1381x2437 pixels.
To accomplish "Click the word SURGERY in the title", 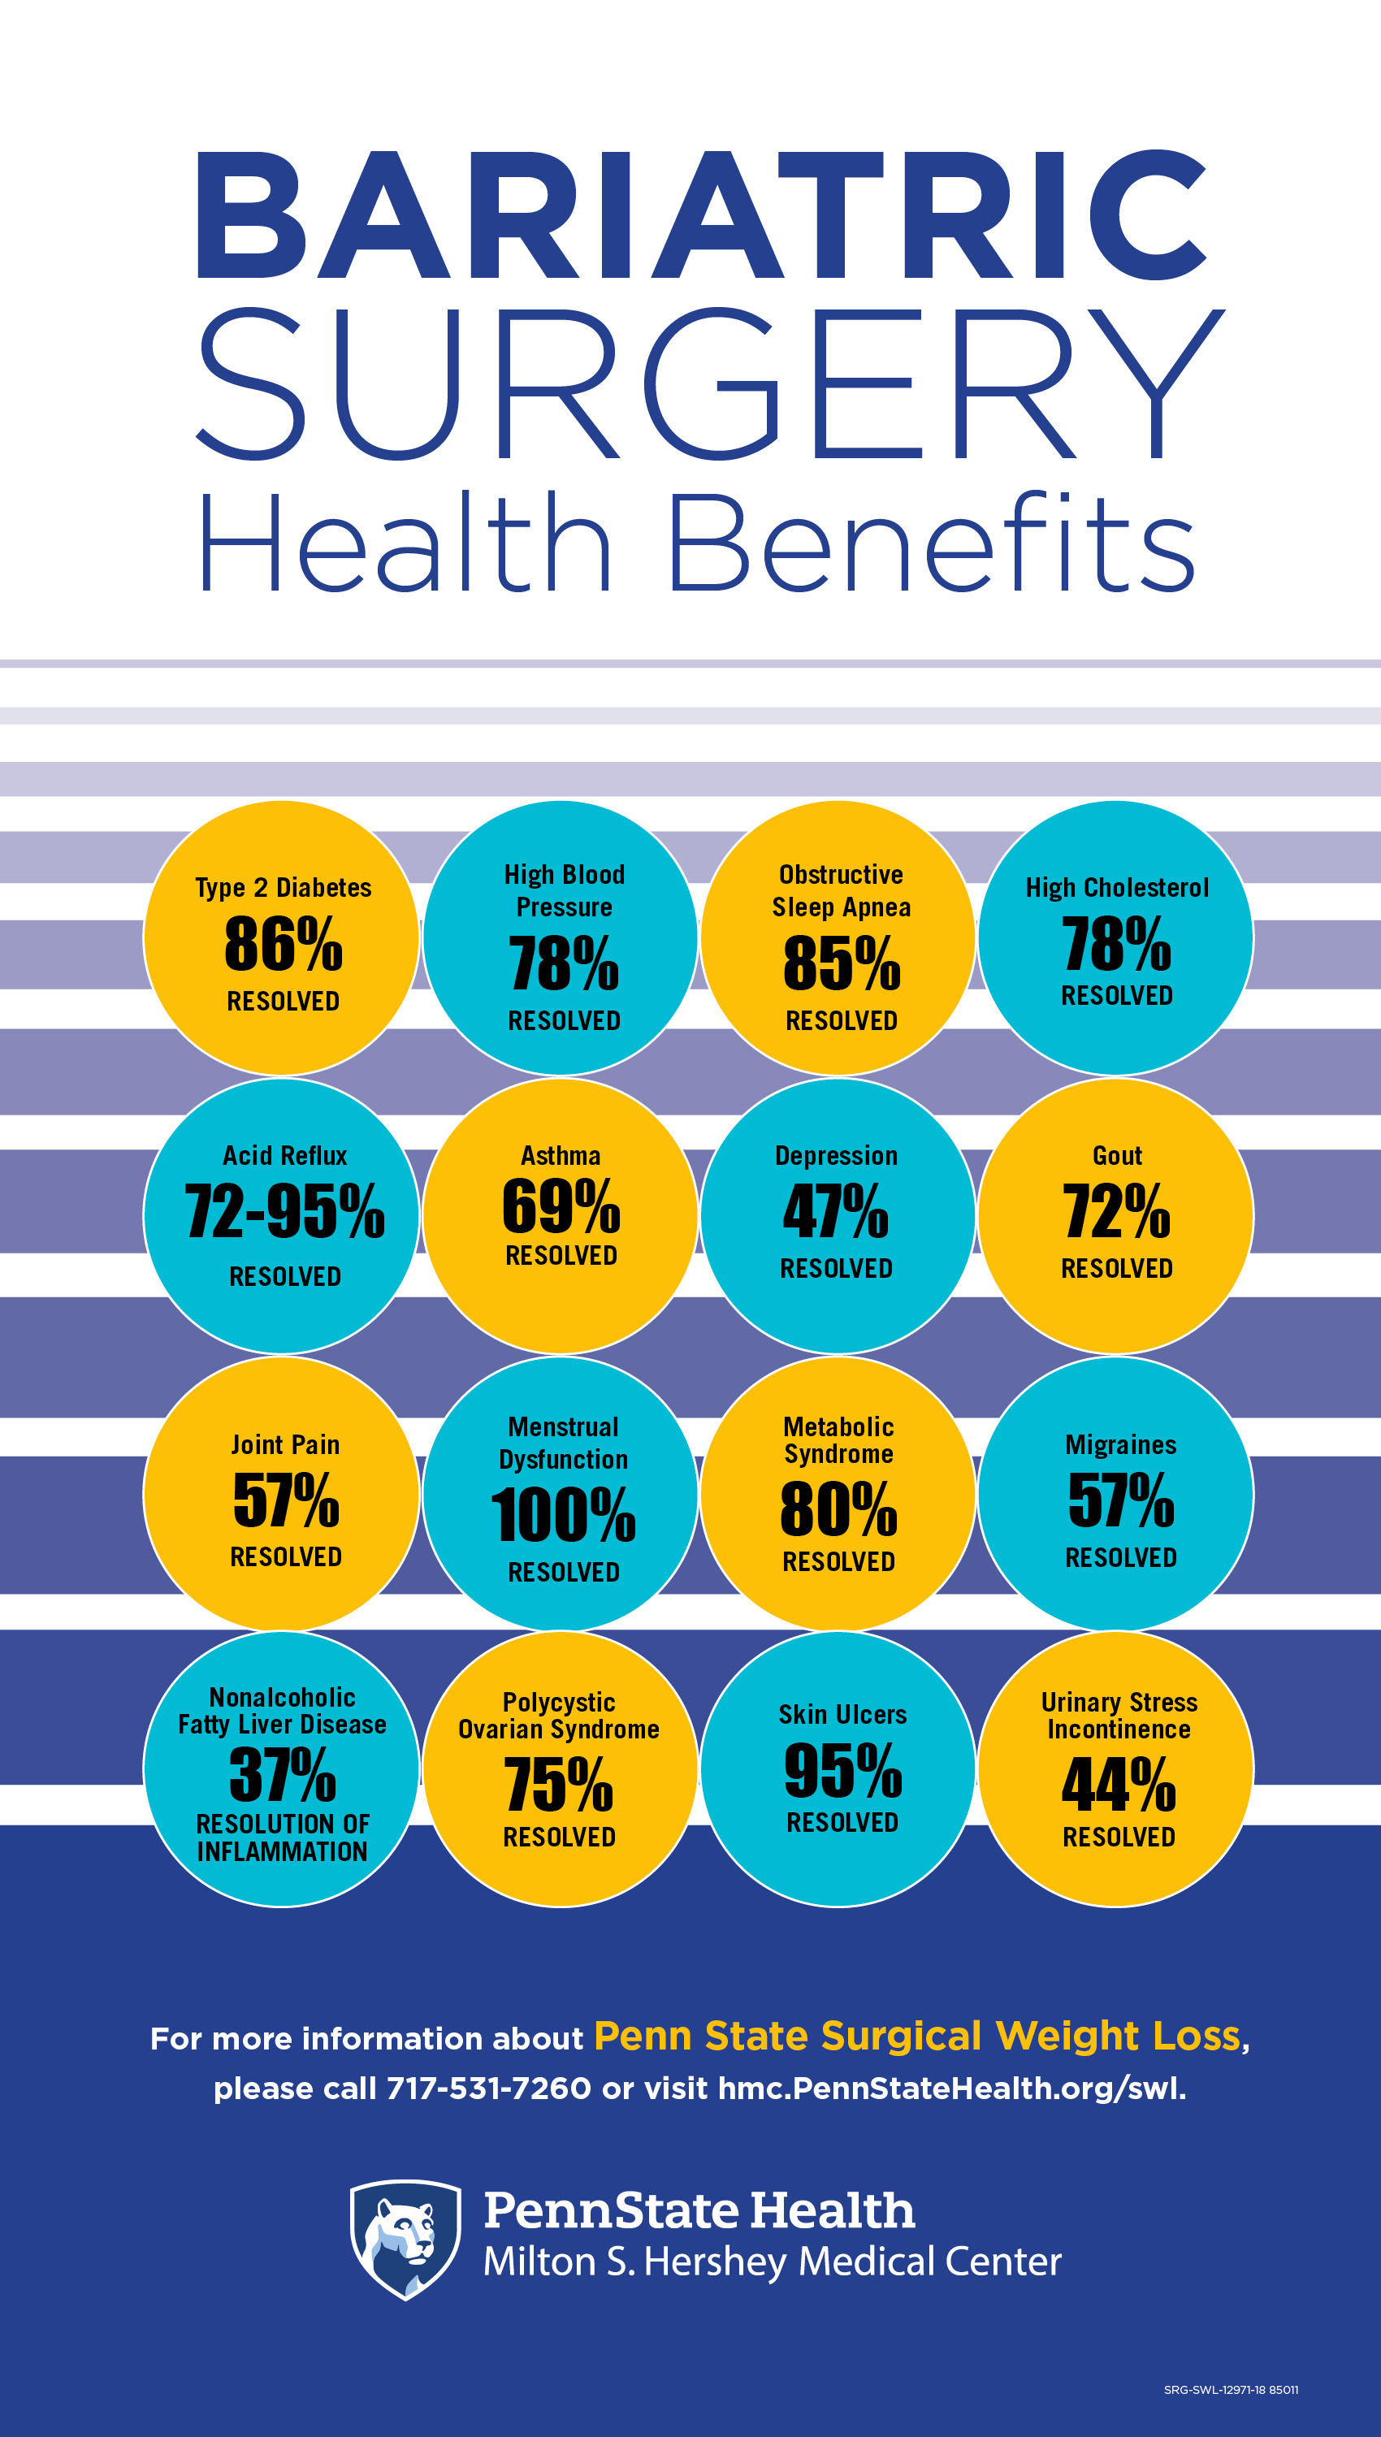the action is tap(709, 384).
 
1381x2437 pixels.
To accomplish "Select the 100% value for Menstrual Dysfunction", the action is tap(564, 1514).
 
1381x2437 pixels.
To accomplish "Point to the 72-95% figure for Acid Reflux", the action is tap(284, 1212).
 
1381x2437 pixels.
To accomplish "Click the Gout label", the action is tap(1117, 1156).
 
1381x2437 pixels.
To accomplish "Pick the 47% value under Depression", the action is tap(836, 1212).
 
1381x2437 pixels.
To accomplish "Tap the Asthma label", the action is tap(561, 1156).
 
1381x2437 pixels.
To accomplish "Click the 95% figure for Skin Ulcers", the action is tap(842, 1770).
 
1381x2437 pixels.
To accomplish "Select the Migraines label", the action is tap(1120, 1444).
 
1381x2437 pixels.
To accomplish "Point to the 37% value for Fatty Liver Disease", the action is tap(283, 1774).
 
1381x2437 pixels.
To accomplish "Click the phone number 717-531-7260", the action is tap(488, 2087).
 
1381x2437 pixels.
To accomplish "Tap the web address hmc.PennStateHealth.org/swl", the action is tap(952, 2087).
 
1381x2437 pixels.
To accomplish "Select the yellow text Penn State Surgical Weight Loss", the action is tap(917, 2036).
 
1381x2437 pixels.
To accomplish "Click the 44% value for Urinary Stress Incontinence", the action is tap(1119, 1785).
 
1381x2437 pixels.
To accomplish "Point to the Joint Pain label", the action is tap(285, 1444).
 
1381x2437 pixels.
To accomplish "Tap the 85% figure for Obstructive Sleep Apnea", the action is tap(842, 963).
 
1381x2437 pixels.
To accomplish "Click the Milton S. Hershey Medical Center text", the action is tap(772, 2262).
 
